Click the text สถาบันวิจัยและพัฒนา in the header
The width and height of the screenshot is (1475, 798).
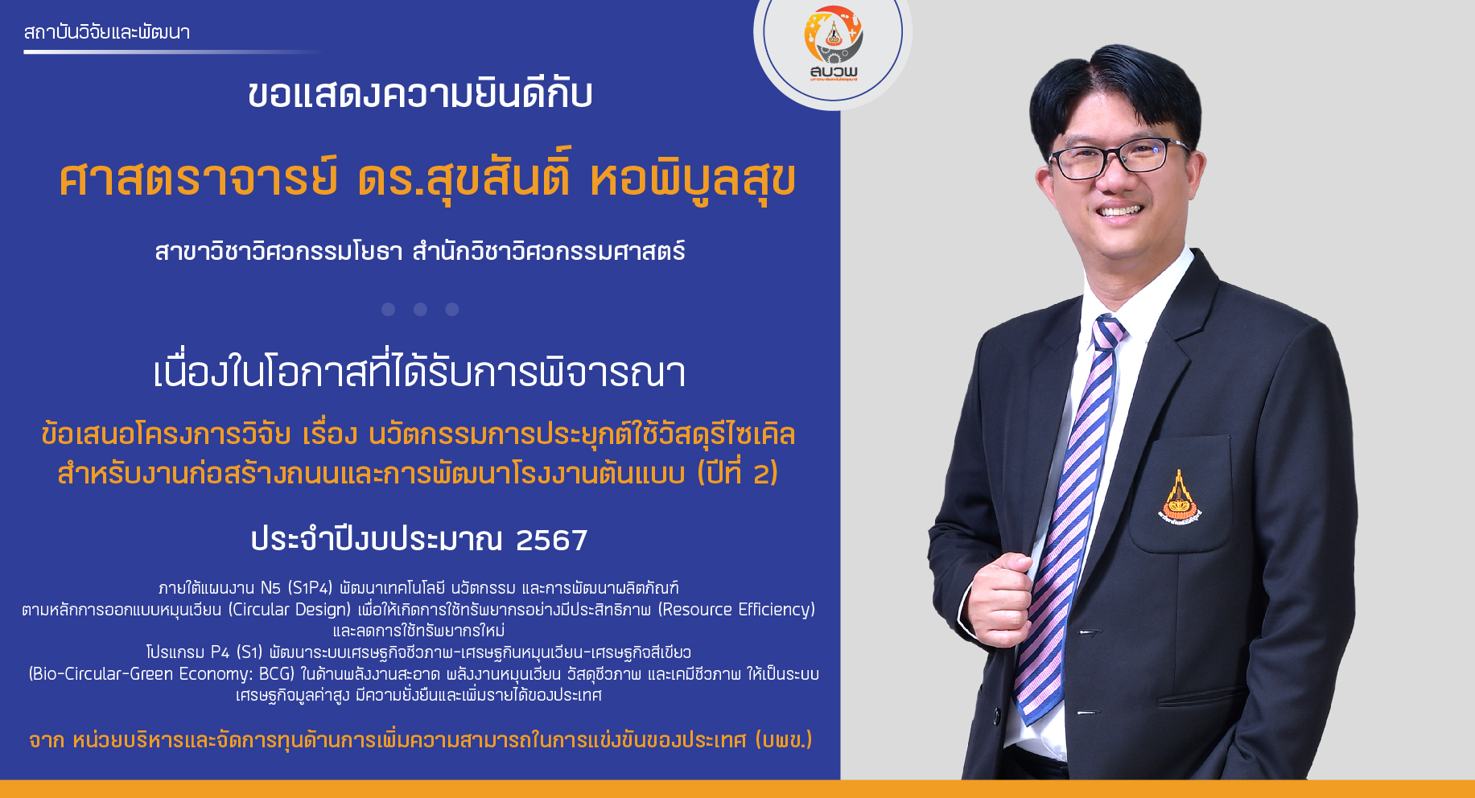tap(107, 32)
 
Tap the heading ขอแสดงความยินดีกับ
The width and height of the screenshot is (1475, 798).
tap(420, 94)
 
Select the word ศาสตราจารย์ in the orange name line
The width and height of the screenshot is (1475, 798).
tap(198, 179)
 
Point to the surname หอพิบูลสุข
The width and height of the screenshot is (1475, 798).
tap(693, 179)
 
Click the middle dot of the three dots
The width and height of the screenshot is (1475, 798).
tap(420, 309)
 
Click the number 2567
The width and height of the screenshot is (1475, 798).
tap(551, 540)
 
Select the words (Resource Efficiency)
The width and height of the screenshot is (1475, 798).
tap(736, 610)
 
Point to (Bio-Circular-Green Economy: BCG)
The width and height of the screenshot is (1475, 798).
tap(162, 674)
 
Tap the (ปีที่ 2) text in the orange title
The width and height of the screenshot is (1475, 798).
tap(737, 472)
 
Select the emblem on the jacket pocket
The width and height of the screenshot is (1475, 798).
tap(1179, 496)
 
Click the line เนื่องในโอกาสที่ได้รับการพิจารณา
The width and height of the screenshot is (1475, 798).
tap(419, 372)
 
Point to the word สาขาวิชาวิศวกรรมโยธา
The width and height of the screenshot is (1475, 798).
tap(278, 252)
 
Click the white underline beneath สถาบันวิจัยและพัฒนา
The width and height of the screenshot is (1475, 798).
tap(172, 52)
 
